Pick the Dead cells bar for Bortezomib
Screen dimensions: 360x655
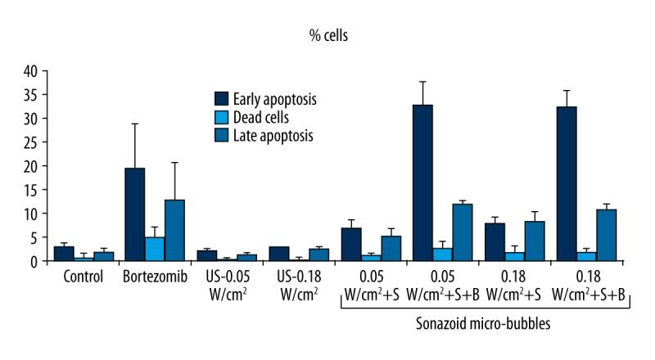click(x=155, y=249)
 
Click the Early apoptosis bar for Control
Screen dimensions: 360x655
click(x=64, y=254)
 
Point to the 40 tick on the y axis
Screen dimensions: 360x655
click(x=34, y=71)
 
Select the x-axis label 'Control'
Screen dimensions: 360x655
click(x=84, y=276)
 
